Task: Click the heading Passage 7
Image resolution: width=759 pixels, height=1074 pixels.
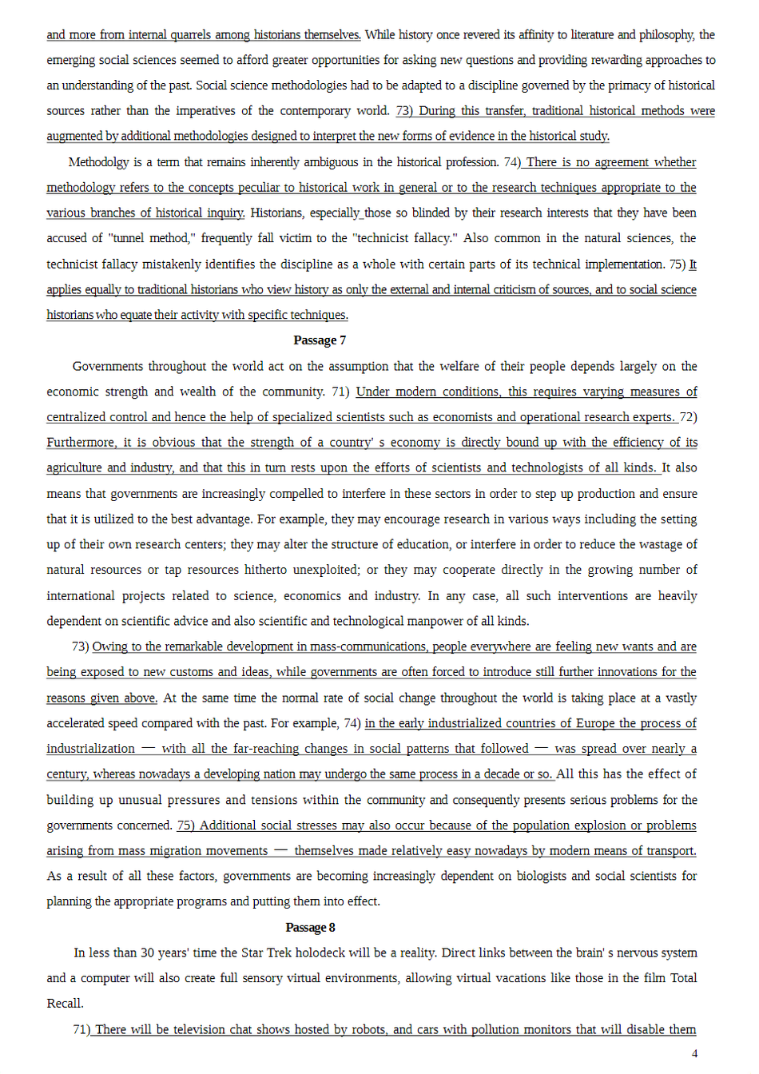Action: (x=320, y=340)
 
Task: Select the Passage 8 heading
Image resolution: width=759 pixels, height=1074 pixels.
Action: (x=310, y=928)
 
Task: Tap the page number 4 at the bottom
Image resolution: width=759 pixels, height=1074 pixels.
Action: (x=694, y=1053)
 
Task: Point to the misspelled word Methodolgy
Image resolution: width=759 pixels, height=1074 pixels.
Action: (x=98, y=162)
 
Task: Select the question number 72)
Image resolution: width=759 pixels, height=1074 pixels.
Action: (x=688, y=417)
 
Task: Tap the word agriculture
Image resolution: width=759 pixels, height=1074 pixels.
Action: (x=74, y=467)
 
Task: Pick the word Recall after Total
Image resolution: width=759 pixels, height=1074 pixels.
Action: (x=65, y=1004)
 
